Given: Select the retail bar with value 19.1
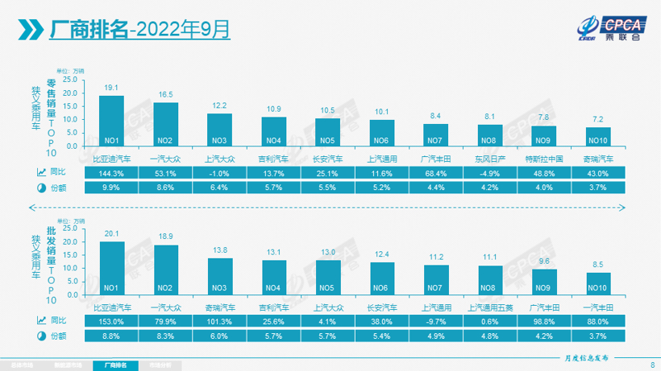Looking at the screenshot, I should tap(111, 120).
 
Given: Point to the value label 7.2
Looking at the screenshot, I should tap(597, 118).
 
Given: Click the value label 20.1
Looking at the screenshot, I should tap(111, 233).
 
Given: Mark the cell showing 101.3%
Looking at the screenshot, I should tap(219, 320).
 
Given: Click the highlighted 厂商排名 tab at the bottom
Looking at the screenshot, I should tap(118, 365).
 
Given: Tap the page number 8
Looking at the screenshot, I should tap(651, 365).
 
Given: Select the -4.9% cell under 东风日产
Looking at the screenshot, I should tap(490, 172).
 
